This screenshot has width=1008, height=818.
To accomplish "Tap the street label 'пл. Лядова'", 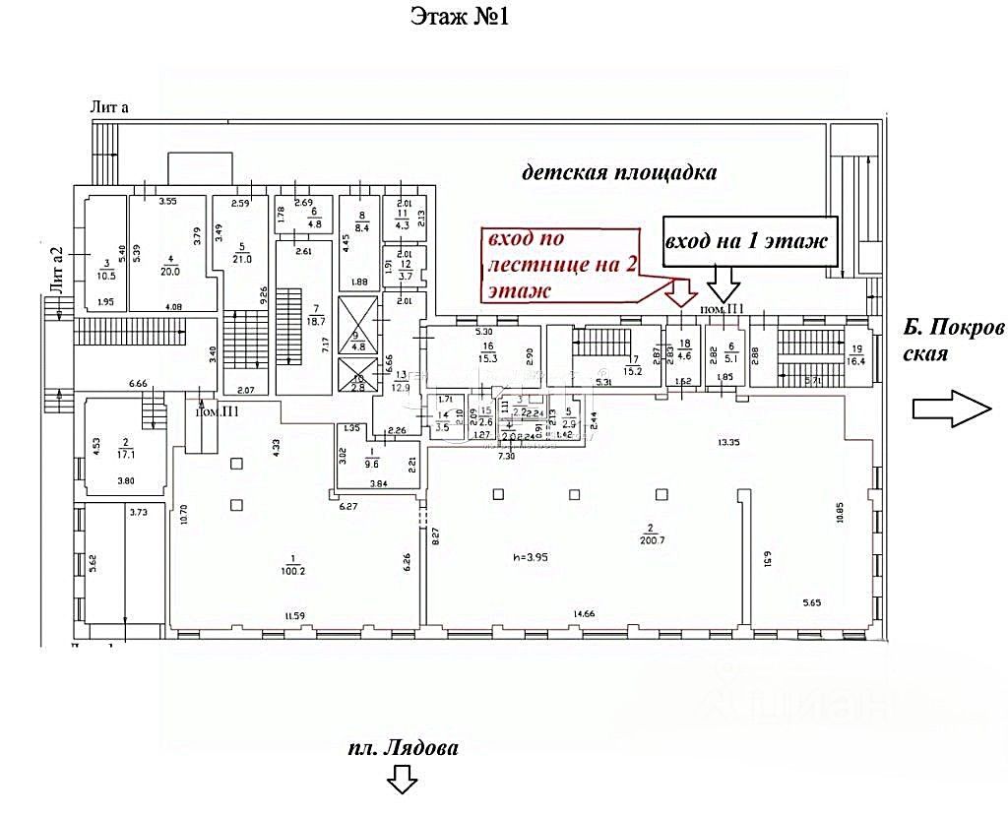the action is tap(404, 747).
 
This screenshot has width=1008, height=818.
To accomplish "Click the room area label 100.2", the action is tap(290, 569).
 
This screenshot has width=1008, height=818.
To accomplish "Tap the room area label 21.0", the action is tap(241, 259).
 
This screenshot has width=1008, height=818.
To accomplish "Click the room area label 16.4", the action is tap(857, 361).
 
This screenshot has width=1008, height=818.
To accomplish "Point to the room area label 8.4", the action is tap(362, 228).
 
